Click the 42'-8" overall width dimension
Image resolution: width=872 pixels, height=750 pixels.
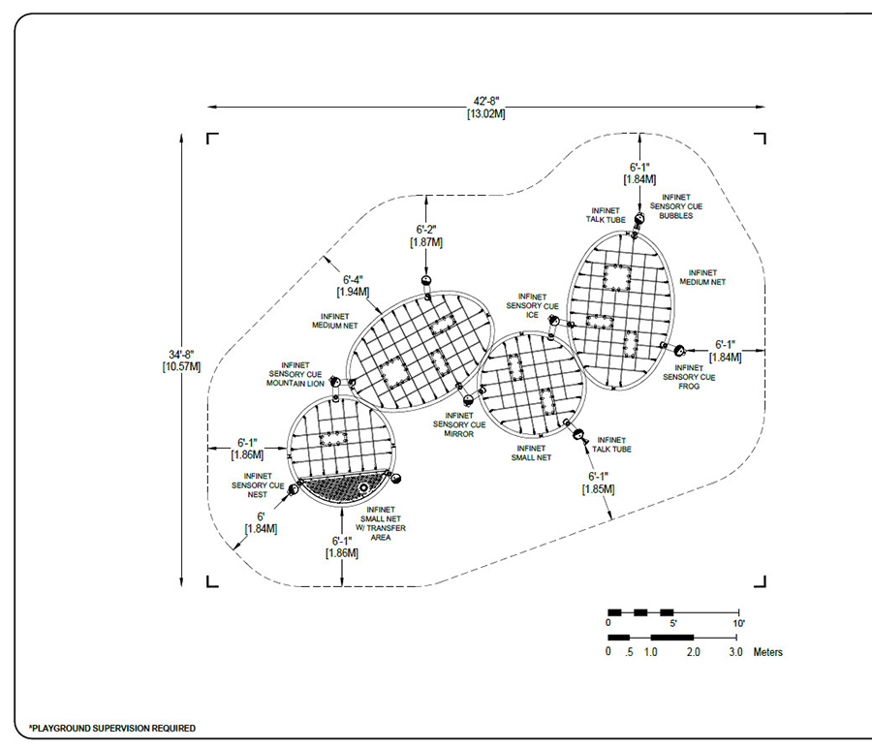[484, 104]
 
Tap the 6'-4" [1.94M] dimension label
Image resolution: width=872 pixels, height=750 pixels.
[351, 285]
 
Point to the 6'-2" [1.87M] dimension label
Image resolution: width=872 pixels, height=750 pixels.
[427, 234]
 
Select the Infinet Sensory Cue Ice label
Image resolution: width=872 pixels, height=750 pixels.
[532, 306]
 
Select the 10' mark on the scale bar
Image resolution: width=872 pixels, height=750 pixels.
[739, 624]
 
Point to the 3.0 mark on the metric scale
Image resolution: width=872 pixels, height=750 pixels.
[736, 652]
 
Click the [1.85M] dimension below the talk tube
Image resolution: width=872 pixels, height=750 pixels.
[598, 490]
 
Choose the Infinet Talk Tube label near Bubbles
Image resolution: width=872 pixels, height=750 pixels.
[608, 215]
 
